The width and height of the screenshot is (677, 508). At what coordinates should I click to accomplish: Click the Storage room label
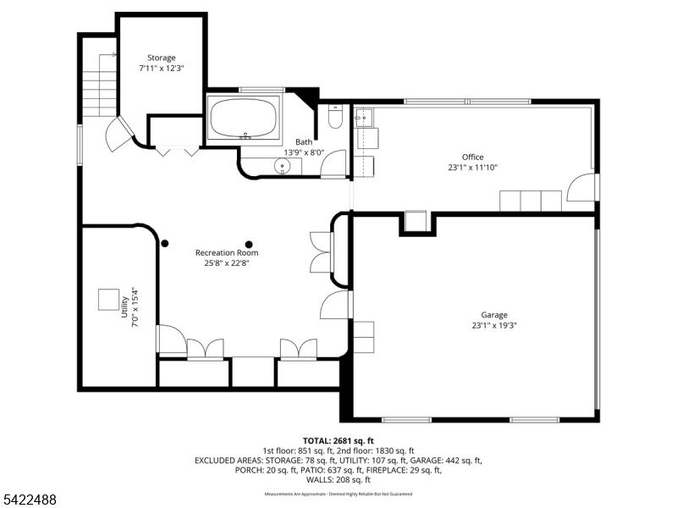161,58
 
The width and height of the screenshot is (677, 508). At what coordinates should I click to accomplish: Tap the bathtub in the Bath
245,119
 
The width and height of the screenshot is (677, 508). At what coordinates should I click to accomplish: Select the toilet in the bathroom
335,116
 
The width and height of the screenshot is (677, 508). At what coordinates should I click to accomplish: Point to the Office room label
472,157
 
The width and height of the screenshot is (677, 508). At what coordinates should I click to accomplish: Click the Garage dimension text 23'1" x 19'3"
494,325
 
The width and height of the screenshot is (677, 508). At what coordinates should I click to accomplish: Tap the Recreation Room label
227,252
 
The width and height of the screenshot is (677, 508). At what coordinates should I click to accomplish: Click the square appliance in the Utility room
108,300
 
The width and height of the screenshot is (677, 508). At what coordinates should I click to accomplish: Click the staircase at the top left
100,85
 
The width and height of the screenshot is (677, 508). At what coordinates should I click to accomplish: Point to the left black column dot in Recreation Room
165,243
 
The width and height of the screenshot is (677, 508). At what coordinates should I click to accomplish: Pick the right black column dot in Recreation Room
248,244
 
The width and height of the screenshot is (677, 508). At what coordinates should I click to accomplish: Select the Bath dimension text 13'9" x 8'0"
303,152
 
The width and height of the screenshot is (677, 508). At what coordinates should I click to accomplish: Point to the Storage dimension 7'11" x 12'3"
161,68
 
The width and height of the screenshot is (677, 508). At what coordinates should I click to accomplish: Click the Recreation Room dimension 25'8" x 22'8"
227,262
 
